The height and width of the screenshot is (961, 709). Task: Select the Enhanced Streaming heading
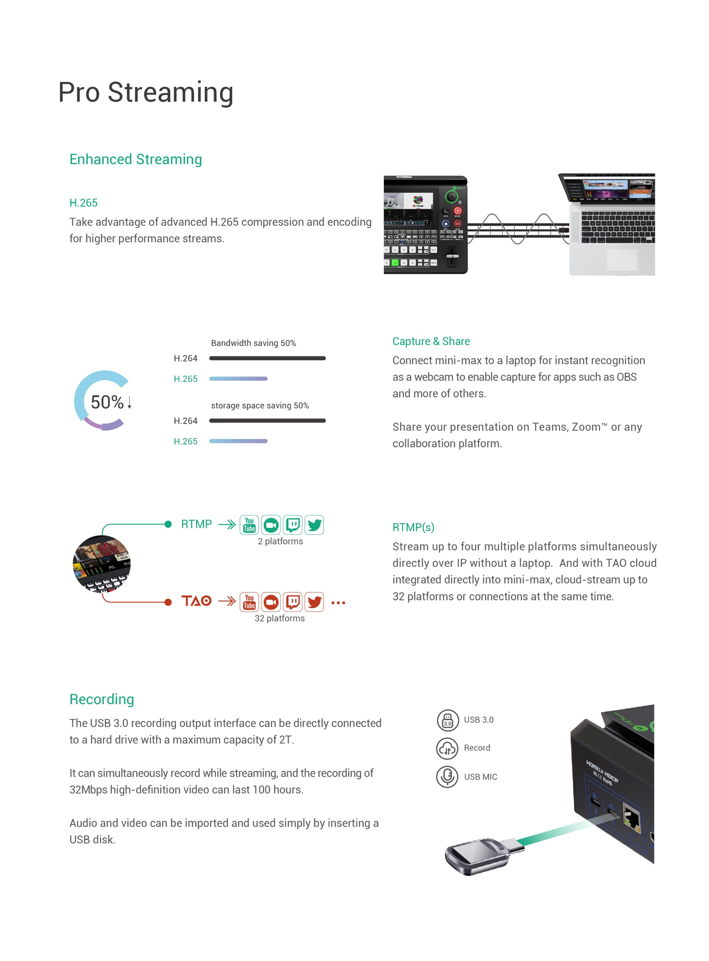pos(136,159)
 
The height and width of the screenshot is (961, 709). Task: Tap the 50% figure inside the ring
pos(107,402)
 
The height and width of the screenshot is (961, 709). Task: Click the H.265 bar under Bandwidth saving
pos(238,379)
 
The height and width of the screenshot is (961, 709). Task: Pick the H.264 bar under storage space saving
pos(267,421)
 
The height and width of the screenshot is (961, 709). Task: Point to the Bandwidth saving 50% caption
pos(253,343)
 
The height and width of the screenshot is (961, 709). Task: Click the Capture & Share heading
pos(431,341)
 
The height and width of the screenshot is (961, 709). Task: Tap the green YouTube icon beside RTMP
pos(249,525)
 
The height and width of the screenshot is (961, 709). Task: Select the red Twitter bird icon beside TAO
pos(314,602)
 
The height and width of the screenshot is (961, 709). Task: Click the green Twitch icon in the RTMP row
pos(293,525)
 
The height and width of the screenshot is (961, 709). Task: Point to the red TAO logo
pos(196,601)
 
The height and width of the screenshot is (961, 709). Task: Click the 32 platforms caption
pos(279,618)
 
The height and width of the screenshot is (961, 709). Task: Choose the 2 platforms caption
pos(280,541)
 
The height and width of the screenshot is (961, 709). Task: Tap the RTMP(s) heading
pos(413,527)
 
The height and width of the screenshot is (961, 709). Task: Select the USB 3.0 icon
pos(447,720)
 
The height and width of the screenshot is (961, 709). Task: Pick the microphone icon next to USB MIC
pos(447,776)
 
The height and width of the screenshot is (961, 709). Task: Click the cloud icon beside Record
pos(447,748)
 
